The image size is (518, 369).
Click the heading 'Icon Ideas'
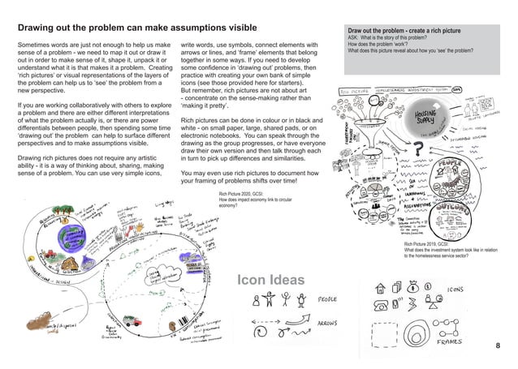272,281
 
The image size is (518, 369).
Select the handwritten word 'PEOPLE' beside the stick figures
328,300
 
